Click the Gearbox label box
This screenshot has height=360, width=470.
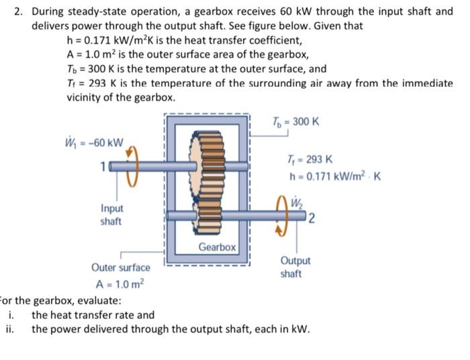(x=217, y=247)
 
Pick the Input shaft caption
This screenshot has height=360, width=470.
(x=111, y=215)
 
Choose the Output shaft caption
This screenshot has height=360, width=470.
(x=295, y=267)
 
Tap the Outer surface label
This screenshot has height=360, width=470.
(x=121, y=267)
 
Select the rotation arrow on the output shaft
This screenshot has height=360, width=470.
(x=281, y=216)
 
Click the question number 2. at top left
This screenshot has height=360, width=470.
(x=19, y=11)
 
